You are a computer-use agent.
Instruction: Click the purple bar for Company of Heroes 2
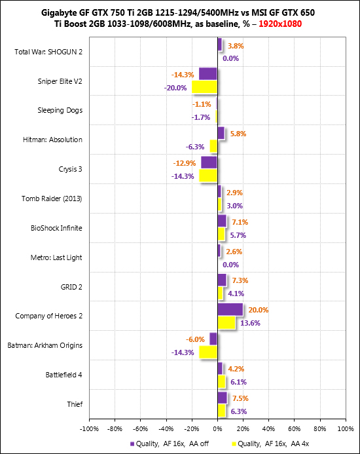point(230,309)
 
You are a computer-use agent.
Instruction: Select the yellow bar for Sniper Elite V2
point(205,87)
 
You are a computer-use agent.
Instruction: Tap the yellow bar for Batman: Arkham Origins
point(208,352)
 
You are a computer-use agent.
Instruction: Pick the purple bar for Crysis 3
point(209,162)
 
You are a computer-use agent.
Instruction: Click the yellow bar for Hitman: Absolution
point(213,146)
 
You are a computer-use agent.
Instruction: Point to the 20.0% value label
point(259,310)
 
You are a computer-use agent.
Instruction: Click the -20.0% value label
point(175,88)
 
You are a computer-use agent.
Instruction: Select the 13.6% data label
point(250,323)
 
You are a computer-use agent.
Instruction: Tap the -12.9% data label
point(185,163)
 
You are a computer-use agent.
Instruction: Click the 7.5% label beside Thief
point(240,399)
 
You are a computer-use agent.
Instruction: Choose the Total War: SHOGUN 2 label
point(48,52)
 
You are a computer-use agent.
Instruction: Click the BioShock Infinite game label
point(56,228)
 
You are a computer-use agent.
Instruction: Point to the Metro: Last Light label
point(56,257)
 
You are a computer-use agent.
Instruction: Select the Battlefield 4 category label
point(64,375)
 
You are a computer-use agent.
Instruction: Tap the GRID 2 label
point(71,287)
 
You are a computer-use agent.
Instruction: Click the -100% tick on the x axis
point(90,429)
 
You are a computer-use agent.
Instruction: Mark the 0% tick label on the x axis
point(217,429)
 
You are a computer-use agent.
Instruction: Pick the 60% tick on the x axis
point(295,429)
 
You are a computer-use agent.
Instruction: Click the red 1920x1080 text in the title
point(280,24)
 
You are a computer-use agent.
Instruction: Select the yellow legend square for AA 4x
point(234,444)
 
